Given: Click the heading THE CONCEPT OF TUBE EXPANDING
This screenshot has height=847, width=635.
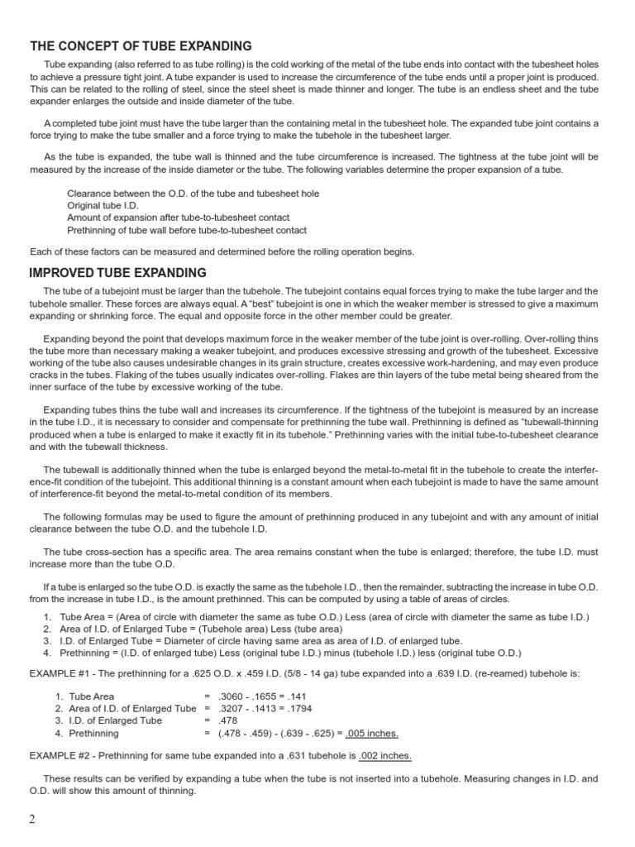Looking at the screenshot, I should [141, 46].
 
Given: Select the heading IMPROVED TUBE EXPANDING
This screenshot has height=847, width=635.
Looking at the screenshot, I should [117, 273].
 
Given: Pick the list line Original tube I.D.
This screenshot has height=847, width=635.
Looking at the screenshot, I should [103, 205].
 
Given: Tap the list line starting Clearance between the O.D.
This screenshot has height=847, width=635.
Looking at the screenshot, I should [193, 193].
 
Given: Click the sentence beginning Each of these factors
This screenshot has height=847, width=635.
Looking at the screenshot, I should [222, 251].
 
